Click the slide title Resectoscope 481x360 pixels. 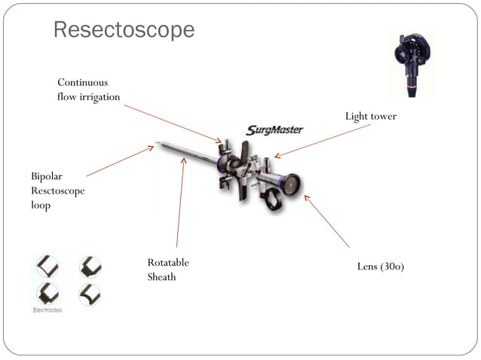pos(124,30)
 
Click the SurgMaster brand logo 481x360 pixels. pos(274,130)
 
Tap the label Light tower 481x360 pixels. pos(370,117)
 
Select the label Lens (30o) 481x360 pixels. pos(380,267)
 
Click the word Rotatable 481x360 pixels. pos(168,263)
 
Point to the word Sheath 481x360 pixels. pos(162,277)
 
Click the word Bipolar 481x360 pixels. pos(47,176)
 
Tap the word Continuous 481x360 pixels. pos(83,82)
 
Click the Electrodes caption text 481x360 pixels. pos(47,310)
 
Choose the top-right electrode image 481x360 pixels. pos(90,266)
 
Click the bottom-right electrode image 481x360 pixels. pos(90,293)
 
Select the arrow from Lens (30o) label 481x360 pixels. pos(327,221)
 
